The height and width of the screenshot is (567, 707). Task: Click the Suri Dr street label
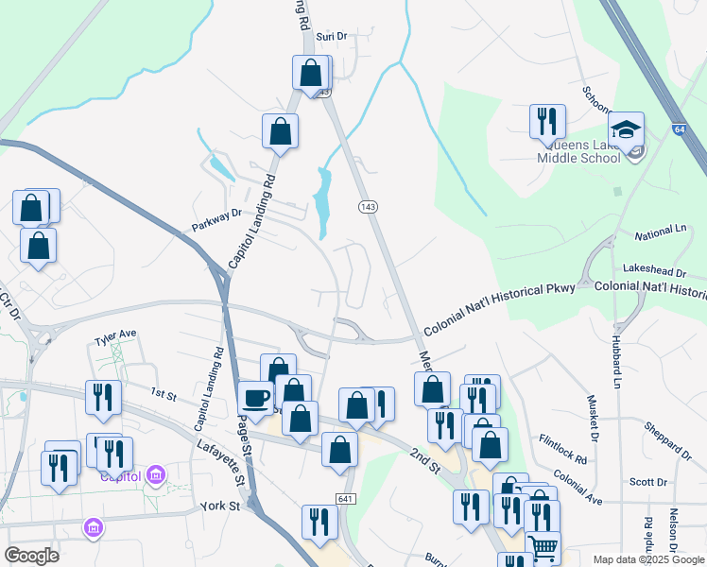(332, 36)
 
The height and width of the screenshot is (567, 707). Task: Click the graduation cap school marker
(626, 129)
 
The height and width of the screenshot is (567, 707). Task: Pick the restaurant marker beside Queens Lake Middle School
(547, 122)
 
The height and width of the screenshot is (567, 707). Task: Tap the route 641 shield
(345, 499)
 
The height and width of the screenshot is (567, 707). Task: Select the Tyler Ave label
(115, 335)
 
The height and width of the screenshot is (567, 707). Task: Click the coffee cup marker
(255, 399)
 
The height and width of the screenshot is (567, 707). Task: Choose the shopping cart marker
(543, 547)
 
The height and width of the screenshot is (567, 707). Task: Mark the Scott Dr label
(648, 482)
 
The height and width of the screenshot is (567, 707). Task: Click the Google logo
(31, 556)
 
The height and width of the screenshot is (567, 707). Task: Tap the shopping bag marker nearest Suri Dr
(310, 74)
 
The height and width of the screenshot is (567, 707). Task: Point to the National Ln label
(660, 232)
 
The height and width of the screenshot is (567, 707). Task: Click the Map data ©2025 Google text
(647, 559)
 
